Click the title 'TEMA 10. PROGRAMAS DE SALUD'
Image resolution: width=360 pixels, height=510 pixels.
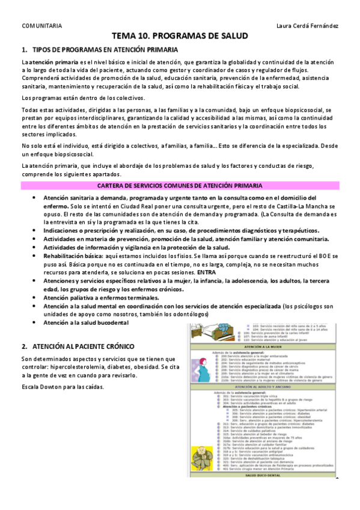coord(180,37)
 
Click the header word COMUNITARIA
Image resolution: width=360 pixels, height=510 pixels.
coord(41,26)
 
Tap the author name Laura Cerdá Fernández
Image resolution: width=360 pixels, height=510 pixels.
coord(307,26)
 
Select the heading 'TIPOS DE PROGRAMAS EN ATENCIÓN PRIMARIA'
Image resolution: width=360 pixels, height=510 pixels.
coord(105,49)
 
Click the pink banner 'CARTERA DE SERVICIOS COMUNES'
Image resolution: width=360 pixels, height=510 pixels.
coord(180,186)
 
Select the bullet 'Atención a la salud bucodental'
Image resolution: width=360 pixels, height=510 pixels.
coord(86,322)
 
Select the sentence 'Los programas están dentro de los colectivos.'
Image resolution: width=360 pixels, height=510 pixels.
coord(83,97)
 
